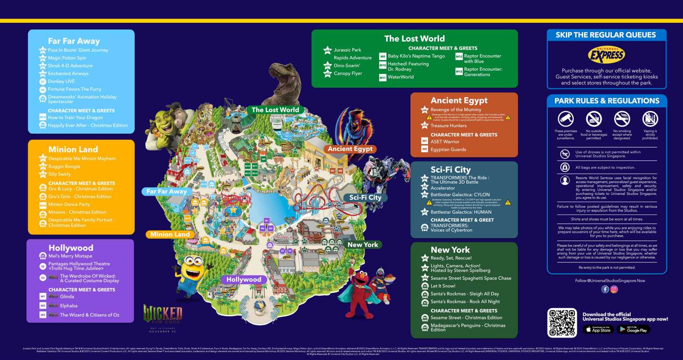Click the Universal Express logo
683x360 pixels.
click(x=606, y=56)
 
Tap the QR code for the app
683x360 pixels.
click(x=562, y=322)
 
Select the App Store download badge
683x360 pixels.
click(x=598, y=330)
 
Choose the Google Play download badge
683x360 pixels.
click(x=633, y=330)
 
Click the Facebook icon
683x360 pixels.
click(x=605, y=289)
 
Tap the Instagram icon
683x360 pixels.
click(x=614, y=289)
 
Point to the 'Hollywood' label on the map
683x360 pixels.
click(x=243, y=279)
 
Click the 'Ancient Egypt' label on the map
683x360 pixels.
click(x=350, y=149)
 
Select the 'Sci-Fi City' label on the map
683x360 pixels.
click(x=365, y=197)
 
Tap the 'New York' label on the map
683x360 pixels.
click(x=363, y=245)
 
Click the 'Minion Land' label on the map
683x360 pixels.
click(x=170, y=234)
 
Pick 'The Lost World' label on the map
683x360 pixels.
click(x=275, y=110)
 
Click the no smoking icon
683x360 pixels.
click(x=622, y=119)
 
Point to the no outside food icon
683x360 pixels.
click(x=594, y=119)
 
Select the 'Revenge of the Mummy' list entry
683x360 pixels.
click(x=456, y=110)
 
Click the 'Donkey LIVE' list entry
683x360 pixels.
click(x=61, y=81)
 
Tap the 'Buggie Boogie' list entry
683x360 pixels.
click(x=64, y=166)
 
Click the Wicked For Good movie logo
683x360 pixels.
click(x=162, y=315)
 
